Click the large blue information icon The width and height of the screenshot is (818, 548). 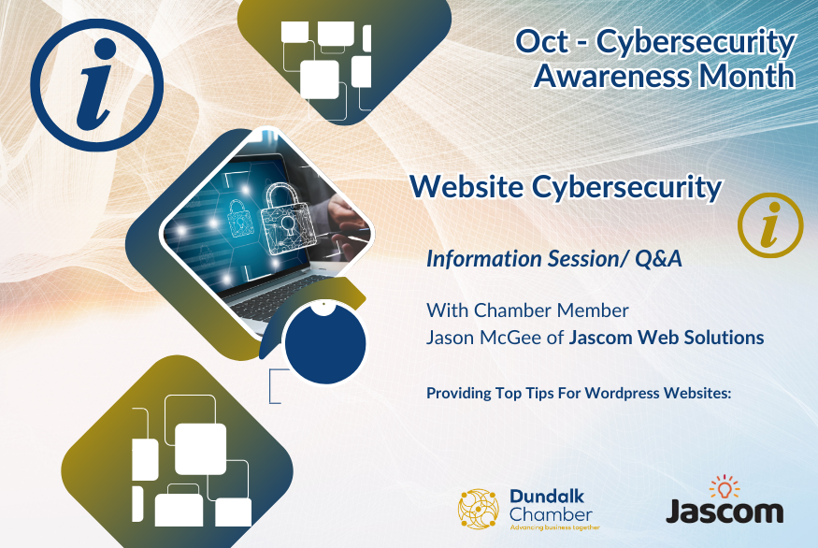97,85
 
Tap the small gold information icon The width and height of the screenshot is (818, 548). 770,225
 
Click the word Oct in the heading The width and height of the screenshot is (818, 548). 541,42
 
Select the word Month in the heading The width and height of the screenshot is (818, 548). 747,76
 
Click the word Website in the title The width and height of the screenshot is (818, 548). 466,186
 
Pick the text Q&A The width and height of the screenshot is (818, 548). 658,259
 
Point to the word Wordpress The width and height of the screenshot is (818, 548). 622,393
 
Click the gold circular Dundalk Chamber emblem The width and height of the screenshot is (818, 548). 479,509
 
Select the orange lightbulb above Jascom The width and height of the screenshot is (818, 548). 725,487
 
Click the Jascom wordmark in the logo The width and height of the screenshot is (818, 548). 725,511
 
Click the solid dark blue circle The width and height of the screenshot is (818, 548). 325,343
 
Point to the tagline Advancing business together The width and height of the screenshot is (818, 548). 554,527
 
